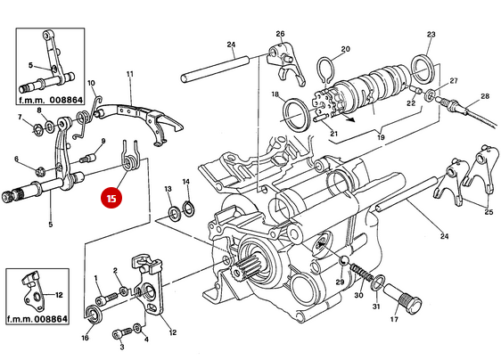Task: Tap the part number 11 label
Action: [129, 73]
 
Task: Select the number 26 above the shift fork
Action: [279, 35]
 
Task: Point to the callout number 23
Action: [431, 35]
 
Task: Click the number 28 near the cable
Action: [485, 96]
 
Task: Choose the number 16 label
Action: [86, 338]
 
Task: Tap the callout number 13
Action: [168, 190]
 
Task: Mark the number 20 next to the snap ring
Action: [345, 50]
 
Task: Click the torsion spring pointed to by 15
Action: [129, 156]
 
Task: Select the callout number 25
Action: [488, 212]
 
